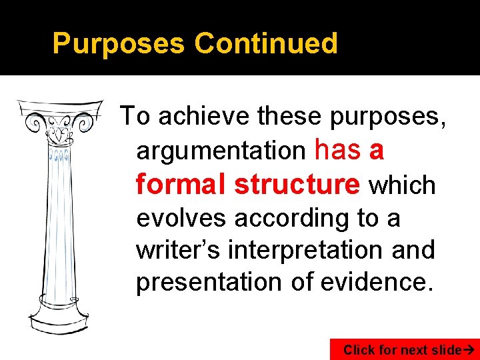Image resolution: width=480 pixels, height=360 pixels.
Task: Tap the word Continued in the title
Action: pyautogui.click(x=266, y=44)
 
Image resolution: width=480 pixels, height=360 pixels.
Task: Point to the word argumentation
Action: pyautogui.click(x=220, y=151)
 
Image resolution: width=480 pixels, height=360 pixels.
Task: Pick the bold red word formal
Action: pyautogui.click(x=181, y=184)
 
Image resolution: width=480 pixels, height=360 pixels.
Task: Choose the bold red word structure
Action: pyautogui.click(x=297, y=184)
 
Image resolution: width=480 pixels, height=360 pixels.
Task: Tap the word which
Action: pyautogui.click(x=402, y=185)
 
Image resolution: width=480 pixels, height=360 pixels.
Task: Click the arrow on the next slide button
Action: pyautogui.click(x=471, y=349)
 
